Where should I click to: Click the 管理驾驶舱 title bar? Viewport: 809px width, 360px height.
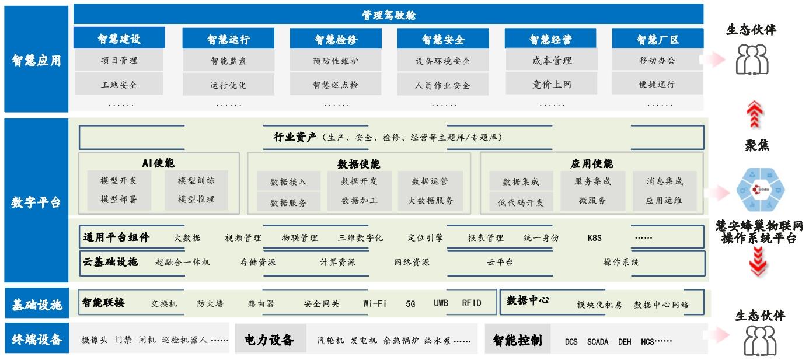point(389,15)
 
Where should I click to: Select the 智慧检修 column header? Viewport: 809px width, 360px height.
point(335,40)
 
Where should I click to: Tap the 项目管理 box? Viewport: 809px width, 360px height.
point(119,60)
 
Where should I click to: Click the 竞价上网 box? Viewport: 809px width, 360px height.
point(552,85)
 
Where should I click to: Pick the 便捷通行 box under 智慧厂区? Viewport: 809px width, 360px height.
point(657,85)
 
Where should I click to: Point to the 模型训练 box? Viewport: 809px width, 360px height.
point(196,181)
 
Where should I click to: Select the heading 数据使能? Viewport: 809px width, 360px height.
point(358,164)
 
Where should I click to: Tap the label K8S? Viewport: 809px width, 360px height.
point(594,238)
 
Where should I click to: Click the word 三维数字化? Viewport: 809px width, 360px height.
point(361,238)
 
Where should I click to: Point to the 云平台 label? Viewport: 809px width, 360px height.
point(500,263)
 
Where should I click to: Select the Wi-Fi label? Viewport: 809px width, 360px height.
point(375,303)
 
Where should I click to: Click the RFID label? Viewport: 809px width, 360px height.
point(472,303)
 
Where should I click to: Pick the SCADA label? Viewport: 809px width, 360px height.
point(598,342)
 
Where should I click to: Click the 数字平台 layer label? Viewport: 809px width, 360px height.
point(36,203)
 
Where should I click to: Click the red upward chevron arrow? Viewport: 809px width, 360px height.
point(757,114)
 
